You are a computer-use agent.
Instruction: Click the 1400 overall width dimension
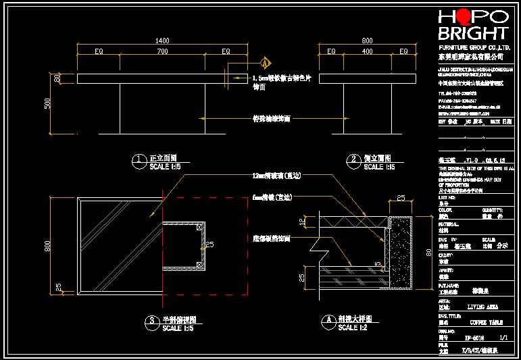tap(162, 41)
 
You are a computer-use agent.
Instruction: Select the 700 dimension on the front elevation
tap(162, 51)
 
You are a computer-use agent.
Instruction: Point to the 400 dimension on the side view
tap(367, 51)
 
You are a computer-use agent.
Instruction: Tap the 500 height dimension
tap(47, 103)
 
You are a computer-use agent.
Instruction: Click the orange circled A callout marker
tap(266, 63)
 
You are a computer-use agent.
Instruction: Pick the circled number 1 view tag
tap(139, 160)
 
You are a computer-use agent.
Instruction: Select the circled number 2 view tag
tap(354, 160)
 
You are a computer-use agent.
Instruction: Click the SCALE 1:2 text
tap(353, 328)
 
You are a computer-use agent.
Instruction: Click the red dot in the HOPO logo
tap(464, 17)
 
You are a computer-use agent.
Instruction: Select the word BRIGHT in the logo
tap(473, 33)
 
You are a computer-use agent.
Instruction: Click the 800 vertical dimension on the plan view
tap(47, 247)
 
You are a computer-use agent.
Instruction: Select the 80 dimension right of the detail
tap(428, 253)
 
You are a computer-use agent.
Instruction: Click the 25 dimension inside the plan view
tap(209, 245)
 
